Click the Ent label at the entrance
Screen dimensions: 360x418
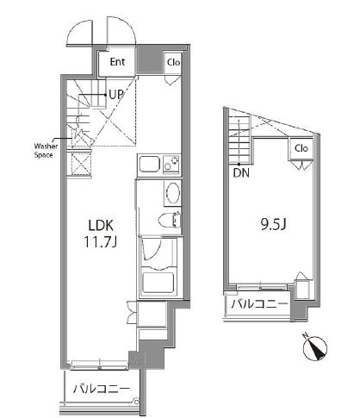(x=117, y=62)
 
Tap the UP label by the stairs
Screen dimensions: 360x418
(x=116, y=94)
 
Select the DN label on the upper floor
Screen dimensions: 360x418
(x=241, y=173)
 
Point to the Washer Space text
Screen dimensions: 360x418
(x=46, y=151)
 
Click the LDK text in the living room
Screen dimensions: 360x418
(x=101, y=226)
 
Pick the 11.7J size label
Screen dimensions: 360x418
(x=100, y=242)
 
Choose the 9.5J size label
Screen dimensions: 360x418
(x=273, y=225)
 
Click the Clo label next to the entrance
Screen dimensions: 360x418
(x=174, y=62)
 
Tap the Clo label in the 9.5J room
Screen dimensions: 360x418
(x=301, y=148)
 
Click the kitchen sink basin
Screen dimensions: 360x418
(x=150, y=164)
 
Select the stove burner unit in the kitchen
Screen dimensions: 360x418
(x=171, y=164)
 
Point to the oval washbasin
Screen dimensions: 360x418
(x=172, y=192)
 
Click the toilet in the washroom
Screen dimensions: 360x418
(x=170, y=220)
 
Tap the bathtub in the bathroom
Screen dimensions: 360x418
(x=158, y=283)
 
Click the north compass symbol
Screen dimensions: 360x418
(x=315, y=348)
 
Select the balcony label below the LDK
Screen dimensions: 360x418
(x=102, y=389)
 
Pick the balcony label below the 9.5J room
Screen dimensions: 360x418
(x=259, y=304)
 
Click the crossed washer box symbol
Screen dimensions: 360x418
(x=81, y=164)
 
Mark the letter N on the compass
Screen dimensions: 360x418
(x=305, y=335)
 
